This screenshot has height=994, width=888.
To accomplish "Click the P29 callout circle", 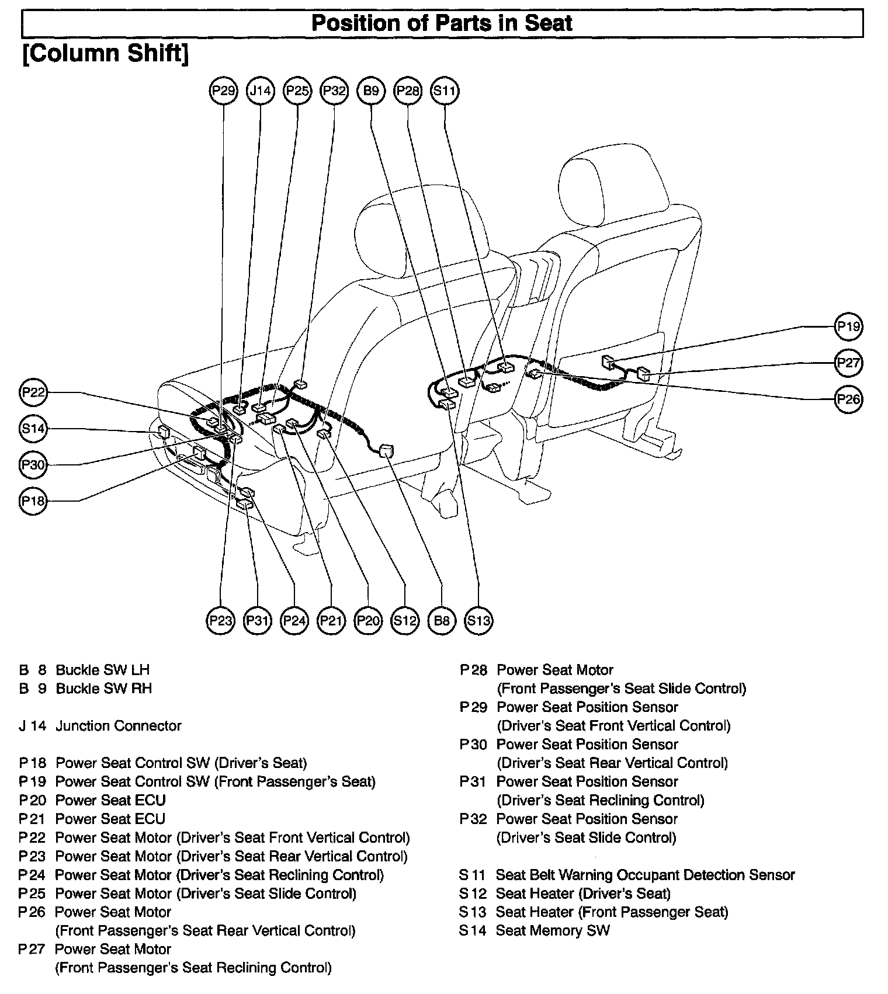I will (x=223, y=91).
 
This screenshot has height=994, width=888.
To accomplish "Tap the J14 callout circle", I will (x=260, y=91).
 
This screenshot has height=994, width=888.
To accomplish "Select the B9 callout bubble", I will (x=371, y=91).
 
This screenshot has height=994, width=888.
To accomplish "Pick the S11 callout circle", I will (x=445, y=91).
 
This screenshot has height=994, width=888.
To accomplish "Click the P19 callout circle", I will (x=848, y=326).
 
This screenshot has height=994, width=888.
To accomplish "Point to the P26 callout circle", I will (x=848, y=399).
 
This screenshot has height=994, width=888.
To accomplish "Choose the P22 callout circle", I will (x=33, y=392).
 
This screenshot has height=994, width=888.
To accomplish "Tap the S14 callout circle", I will (x=33, y=429).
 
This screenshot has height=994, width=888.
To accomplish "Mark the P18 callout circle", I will (x=33, y=501).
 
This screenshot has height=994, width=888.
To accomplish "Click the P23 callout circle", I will (x=220, y=620).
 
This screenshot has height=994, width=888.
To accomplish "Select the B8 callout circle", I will (x=442, y=620).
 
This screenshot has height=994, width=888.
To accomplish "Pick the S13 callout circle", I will (x=478, y=620).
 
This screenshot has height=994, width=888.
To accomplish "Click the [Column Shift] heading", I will (x=105, y=53).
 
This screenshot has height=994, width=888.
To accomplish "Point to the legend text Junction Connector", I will (x=119, y=726).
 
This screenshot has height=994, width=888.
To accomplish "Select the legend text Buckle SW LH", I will (x=103, y=670).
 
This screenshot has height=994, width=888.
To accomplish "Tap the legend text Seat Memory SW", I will (x=553, y=930).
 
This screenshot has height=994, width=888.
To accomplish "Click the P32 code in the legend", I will (x=473, y=819).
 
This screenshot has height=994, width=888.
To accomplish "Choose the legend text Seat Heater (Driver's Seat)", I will (x=583, y=894).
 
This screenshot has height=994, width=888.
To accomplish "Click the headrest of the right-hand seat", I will (x=610, y=187).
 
